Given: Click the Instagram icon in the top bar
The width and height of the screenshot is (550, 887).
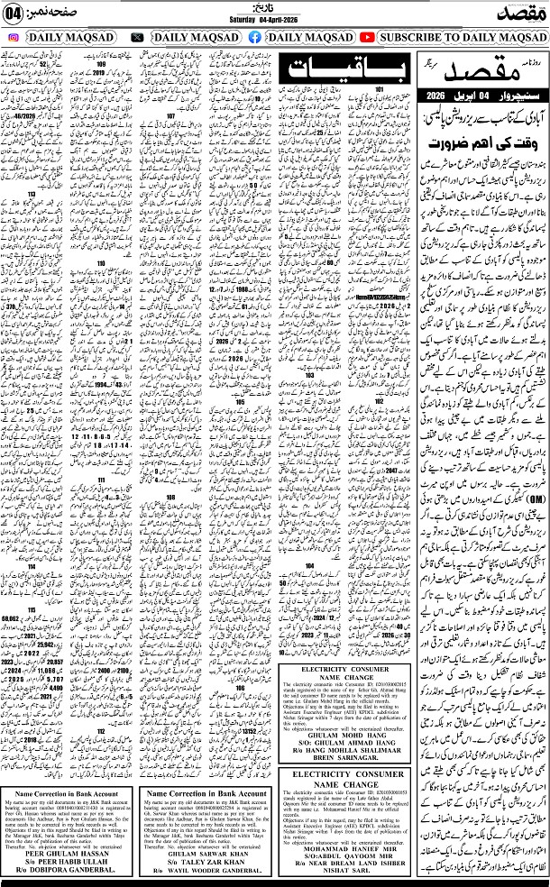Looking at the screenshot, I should click(14, 38).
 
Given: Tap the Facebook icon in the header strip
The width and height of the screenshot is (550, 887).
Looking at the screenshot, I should click(254, 38).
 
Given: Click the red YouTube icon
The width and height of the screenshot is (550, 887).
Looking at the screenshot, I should click(367, 38).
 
